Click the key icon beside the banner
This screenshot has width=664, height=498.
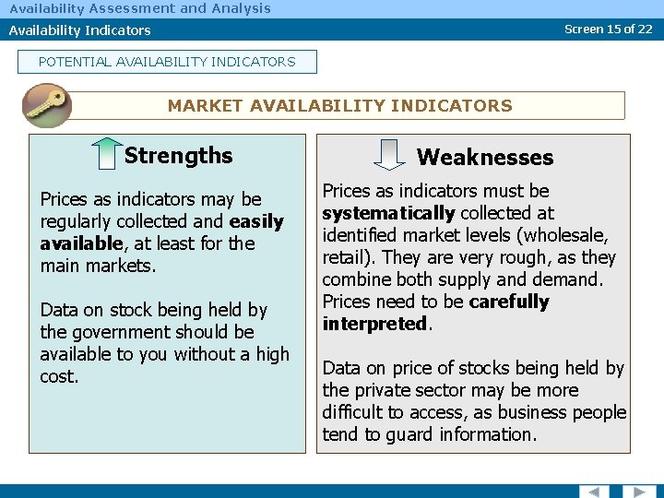coord(46,105)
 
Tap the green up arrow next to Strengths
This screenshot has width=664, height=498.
coord(108,154)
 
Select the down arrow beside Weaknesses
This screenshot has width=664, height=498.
coord(391,155)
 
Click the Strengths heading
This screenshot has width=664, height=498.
coord(178,155)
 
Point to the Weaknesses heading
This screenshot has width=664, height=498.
coord(485,158)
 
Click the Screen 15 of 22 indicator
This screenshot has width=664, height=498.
coord(608,29)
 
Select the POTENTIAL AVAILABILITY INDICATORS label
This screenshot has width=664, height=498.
coord(167,62)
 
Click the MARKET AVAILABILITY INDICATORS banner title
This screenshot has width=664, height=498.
coord(339,105)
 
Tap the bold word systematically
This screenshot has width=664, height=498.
coord(388,213)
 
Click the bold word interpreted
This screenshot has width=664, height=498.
coord(375,324)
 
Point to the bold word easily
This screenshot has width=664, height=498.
coord(256,221)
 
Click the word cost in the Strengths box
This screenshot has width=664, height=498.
coord(58,376)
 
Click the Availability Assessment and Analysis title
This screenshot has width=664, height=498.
coord(140,8)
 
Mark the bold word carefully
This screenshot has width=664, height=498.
coord(508,302)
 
